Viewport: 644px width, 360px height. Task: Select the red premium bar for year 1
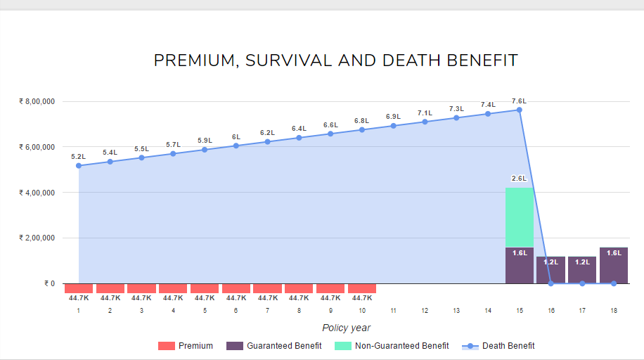(79, 288)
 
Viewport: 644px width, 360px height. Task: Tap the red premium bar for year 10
(362, 288)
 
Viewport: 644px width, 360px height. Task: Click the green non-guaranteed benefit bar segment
(520, 217)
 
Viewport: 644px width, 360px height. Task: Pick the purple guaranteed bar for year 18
(614, 265)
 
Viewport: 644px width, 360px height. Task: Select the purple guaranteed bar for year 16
(550, 269)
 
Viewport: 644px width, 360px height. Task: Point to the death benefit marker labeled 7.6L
(520, 110)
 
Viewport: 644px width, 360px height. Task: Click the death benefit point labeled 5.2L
(79, 165)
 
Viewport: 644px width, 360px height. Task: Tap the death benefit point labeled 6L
(236, 146)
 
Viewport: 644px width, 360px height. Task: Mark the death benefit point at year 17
(582, 283)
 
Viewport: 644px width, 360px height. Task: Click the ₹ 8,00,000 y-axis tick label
(37, 101)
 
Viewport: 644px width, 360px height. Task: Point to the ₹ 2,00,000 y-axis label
(37, 238)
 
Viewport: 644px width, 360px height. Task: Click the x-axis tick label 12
(425, 310)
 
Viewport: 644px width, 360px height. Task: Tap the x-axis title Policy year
(346, 328)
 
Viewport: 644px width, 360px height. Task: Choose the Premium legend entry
(186, 345)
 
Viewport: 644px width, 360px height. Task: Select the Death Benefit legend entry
(498, 345)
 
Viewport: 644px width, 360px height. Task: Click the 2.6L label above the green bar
(520, 179)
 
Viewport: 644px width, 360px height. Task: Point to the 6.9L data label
(393, 116)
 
